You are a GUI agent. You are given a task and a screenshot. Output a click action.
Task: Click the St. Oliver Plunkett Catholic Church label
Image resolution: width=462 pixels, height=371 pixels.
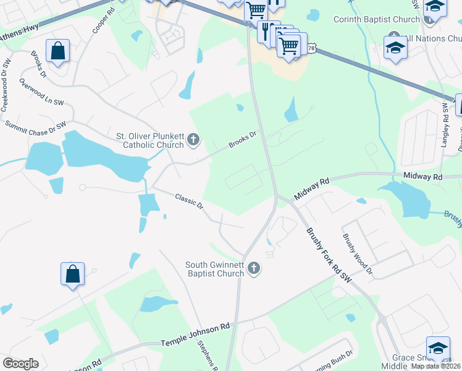pos(149,140)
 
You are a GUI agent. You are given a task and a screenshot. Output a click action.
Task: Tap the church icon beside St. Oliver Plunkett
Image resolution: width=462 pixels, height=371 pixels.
pos(193,140)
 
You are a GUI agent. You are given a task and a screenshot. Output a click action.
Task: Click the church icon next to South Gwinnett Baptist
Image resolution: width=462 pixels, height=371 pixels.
pos(253,269)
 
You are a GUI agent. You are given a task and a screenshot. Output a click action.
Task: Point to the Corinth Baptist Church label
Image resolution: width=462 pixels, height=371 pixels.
pos(376,19)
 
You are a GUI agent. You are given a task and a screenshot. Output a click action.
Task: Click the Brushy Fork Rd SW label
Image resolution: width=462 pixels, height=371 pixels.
pos(329,255)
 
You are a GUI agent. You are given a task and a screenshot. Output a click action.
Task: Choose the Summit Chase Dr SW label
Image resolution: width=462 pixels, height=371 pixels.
pos(35,125)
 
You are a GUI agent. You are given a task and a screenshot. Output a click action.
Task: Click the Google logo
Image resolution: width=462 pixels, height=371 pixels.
pos(21,364)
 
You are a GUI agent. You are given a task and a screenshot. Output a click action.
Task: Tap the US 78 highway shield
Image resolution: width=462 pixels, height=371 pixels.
pos(311,47)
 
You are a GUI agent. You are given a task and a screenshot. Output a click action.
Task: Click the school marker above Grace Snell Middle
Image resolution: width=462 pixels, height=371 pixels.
pos(438,349)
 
